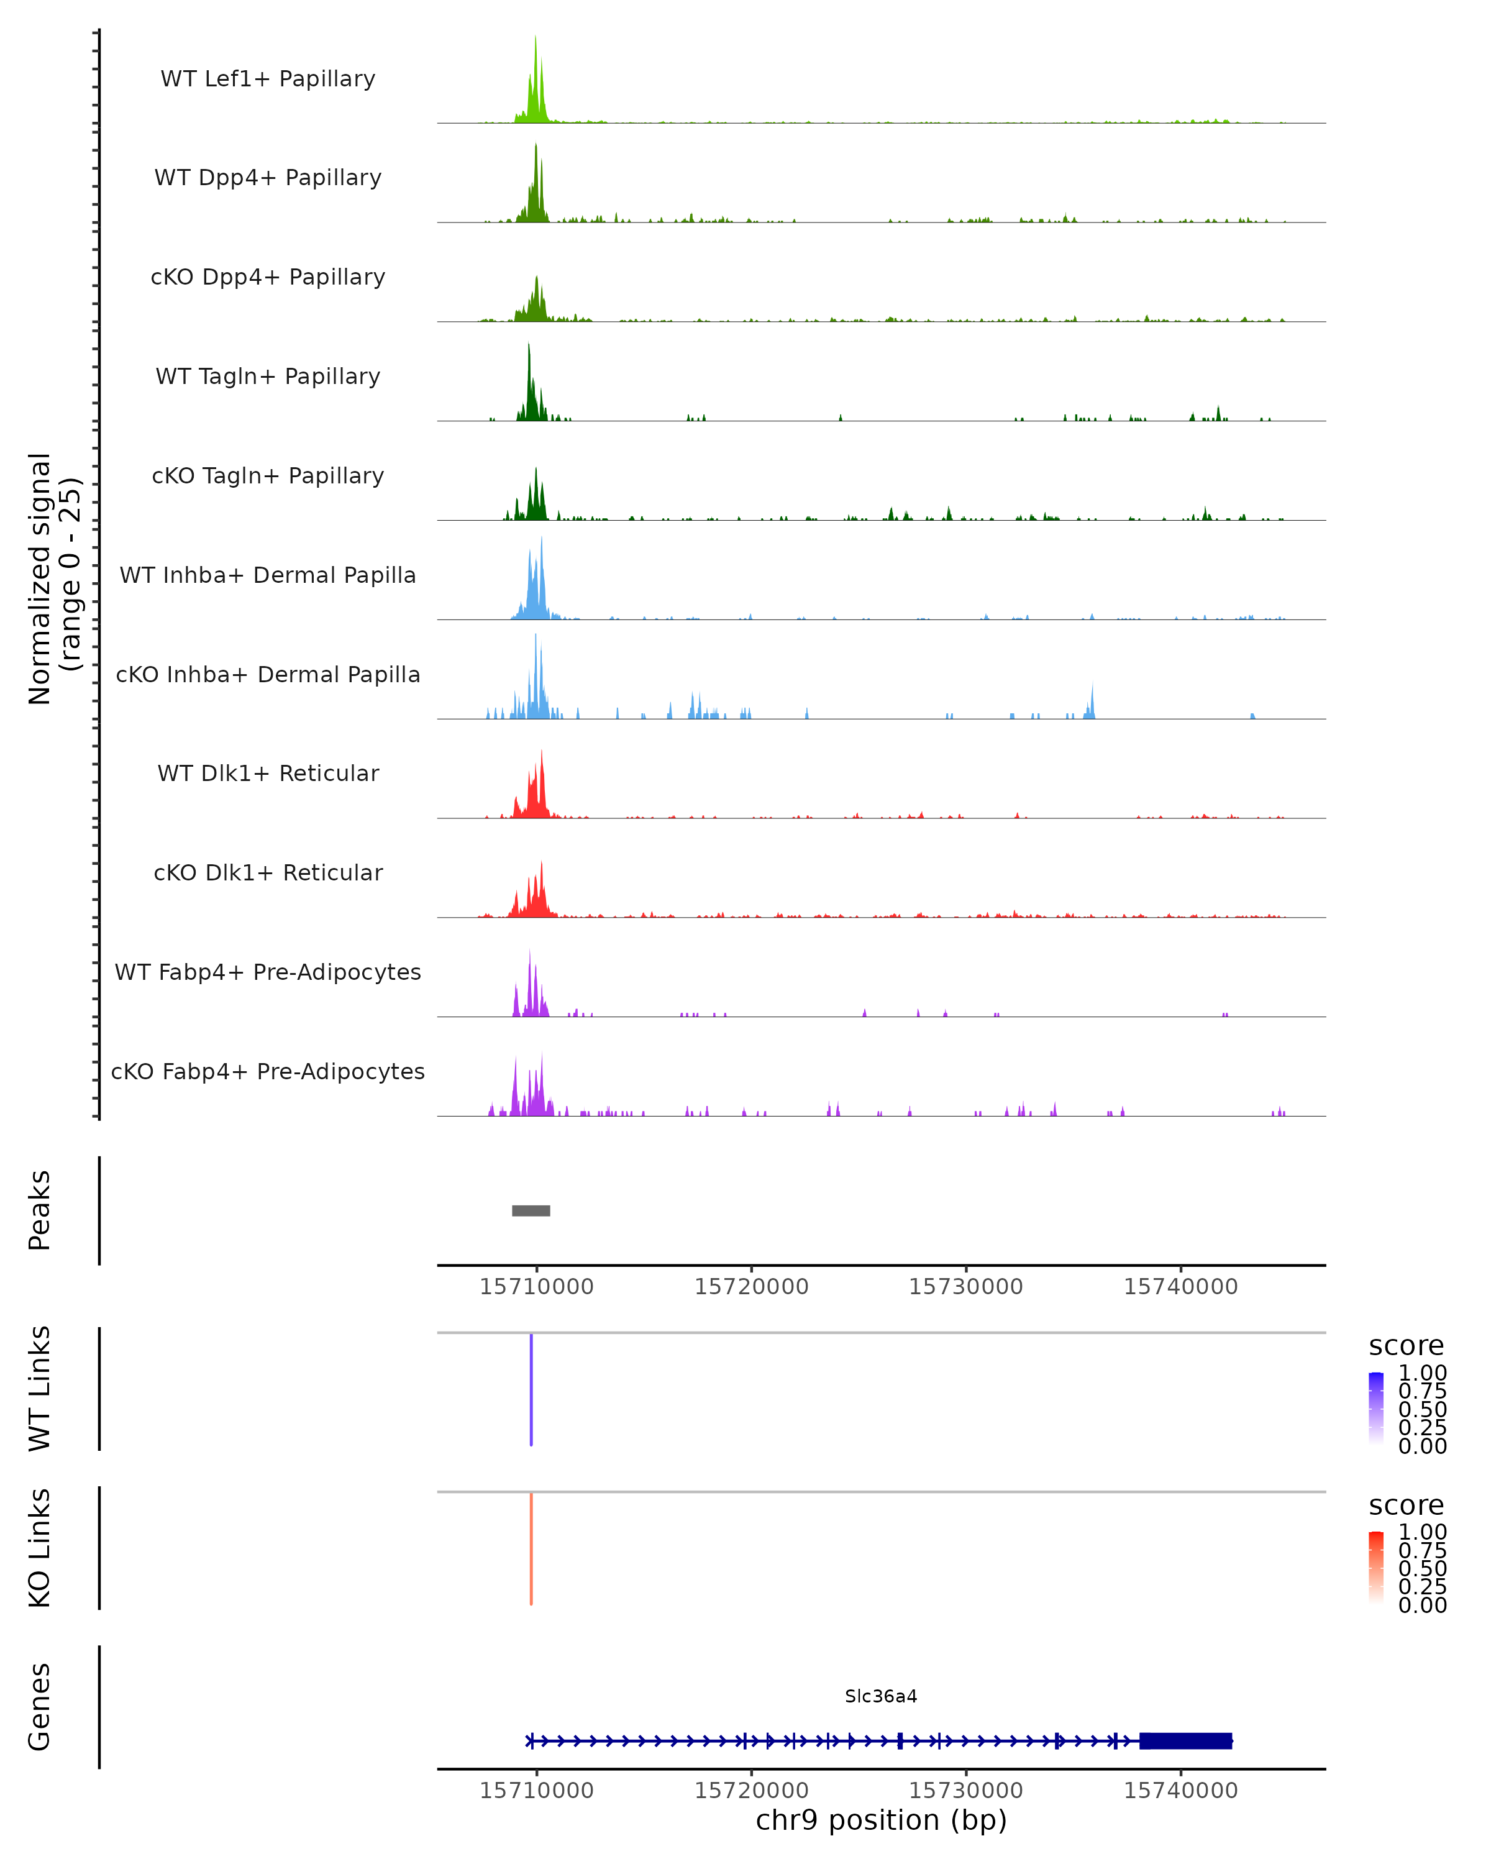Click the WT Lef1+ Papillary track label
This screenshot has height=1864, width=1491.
[x=268, y=79]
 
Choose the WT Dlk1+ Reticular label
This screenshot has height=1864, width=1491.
[x=268, y=773]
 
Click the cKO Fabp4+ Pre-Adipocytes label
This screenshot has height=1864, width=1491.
[x=268, y=1071]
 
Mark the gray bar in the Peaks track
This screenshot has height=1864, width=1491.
[x=531, y=1210]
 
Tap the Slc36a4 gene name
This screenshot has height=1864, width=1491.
[x=881, y=1696]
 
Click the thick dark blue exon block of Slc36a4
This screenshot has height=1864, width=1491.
[x=1185, y=1740]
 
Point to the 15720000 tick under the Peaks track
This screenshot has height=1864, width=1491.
[x=751, y=1287]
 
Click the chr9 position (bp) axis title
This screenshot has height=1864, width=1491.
[x=881, y=1820]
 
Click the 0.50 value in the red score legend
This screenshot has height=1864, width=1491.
[x=1422, y=1568]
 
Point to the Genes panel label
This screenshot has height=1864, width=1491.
[x=40, y=1707]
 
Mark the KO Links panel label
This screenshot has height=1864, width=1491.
[x=40, y=1548]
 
